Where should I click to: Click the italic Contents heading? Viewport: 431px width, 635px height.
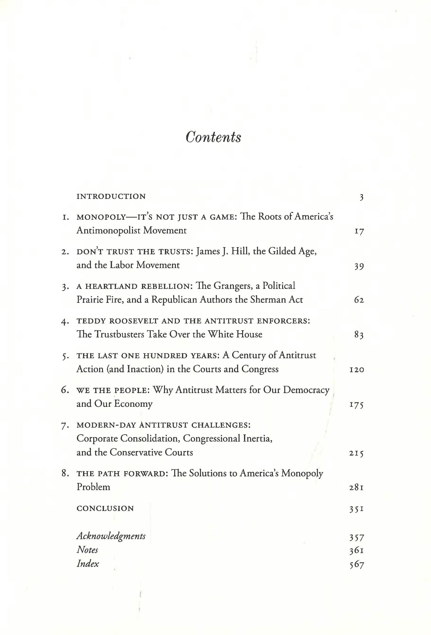(x=213, y=137)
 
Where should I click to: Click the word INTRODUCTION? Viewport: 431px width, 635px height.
(x=111, y=197)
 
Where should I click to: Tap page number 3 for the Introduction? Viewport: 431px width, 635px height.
(x=361, y=197)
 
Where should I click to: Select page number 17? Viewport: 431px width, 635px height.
(x=359, y=231)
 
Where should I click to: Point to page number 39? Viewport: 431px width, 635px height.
(x=359, y=266)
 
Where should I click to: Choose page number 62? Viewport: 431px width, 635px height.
(x=359, y=300)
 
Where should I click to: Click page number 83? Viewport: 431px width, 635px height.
(x=359, y=335)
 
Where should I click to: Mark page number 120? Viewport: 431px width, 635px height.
(x=357, y=370)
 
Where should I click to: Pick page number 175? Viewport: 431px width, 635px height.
(x=357, y=405)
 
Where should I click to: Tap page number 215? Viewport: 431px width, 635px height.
(x=357, y=453)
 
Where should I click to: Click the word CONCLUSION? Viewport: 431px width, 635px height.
(x=105, y=509)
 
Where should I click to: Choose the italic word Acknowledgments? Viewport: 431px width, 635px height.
(x=111, y=536)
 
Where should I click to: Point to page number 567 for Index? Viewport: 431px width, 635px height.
(x=357, y=564)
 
